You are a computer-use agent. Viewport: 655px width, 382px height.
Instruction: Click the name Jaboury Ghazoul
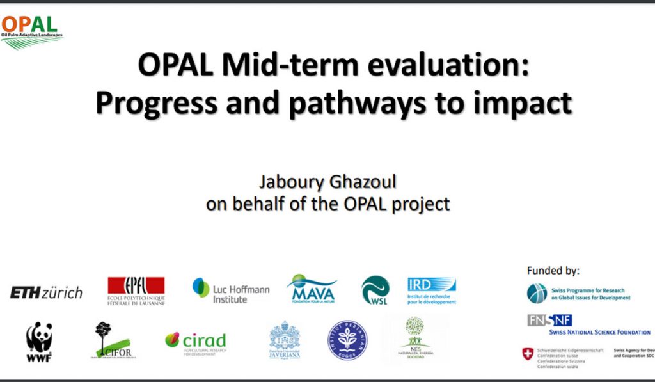(x=327, y=183)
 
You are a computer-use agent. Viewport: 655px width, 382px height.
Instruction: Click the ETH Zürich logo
(x=46, y=292)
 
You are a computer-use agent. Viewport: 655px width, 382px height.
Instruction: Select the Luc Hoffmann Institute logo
(x=231, y=290)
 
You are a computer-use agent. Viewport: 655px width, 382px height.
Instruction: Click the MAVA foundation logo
(x=312, y=289)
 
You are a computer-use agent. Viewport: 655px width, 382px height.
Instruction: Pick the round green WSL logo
(x=375, y=290)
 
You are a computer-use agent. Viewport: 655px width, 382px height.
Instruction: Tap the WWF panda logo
(x=39, y=341)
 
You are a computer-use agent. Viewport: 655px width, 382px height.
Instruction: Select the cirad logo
(x=195, y=341)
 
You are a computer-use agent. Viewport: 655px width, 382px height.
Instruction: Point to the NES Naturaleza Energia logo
(x=414, y=338)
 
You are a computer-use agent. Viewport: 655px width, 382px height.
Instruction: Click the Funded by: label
(x=553, y=270)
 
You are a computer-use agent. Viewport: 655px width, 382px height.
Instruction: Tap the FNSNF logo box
(x=549, y=320)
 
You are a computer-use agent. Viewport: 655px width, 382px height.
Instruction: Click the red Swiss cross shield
(x=528, y=354)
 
